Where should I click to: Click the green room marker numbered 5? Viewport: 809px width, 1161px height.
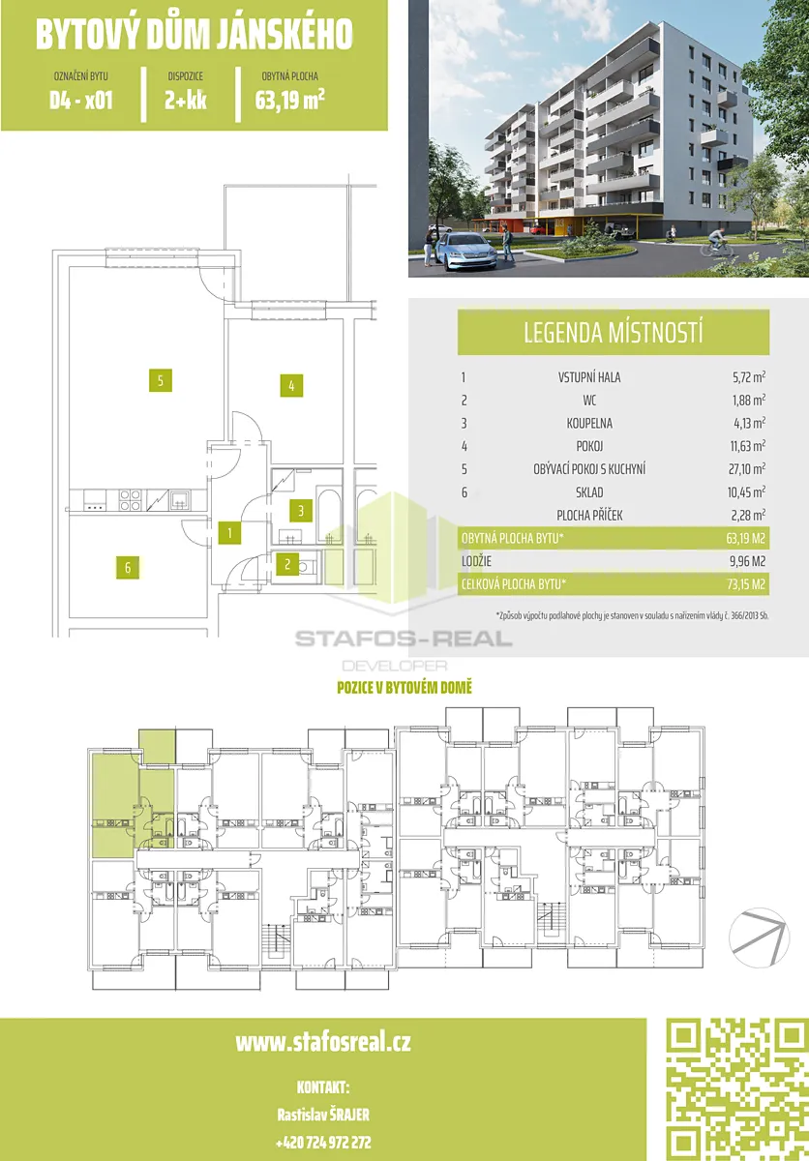(160, 380)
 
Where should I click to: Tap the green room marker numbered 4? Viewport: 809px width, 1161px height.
(291, 386)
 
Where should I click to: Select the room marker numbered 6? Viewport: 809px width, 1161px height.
(128, 568)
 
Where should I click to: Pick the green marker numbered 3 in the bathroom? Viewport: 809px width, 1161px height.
(301, 511)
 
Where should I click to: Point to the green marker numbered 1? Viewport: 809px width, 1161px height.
(229, 533)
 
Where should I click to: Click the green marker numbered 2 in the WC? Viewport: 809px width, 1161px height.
(287, 564)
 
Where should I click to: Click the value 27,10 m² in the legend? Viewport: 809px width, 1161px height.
(746, 469)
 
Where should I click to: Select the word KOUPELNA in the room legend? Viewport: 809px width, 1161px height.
(589, 424)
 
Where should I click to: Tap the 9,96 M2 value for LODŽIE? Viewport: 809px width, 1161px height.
(746, 561)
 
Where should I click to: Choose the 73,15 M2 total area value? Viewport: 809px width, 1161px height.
(746, 584)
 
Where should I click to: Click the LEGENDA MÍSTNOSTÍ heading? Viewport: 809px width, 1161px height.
(614, 333)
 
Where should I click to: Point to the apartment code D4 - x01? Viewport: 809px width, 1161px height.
(81, 100)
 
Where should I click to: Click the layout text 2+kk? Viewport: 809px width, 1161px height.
(186, 100)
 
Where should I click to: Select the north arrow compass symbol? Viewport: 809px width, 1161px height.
(759, 938)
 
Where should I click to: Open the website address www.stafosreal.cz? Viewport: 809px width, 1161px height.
(323, 1042)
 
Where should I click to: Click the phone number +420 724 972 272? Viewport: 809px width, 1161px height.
(323, 1143)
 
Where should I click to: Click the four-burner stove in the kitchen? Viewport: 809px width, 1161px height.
(130, 499)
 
